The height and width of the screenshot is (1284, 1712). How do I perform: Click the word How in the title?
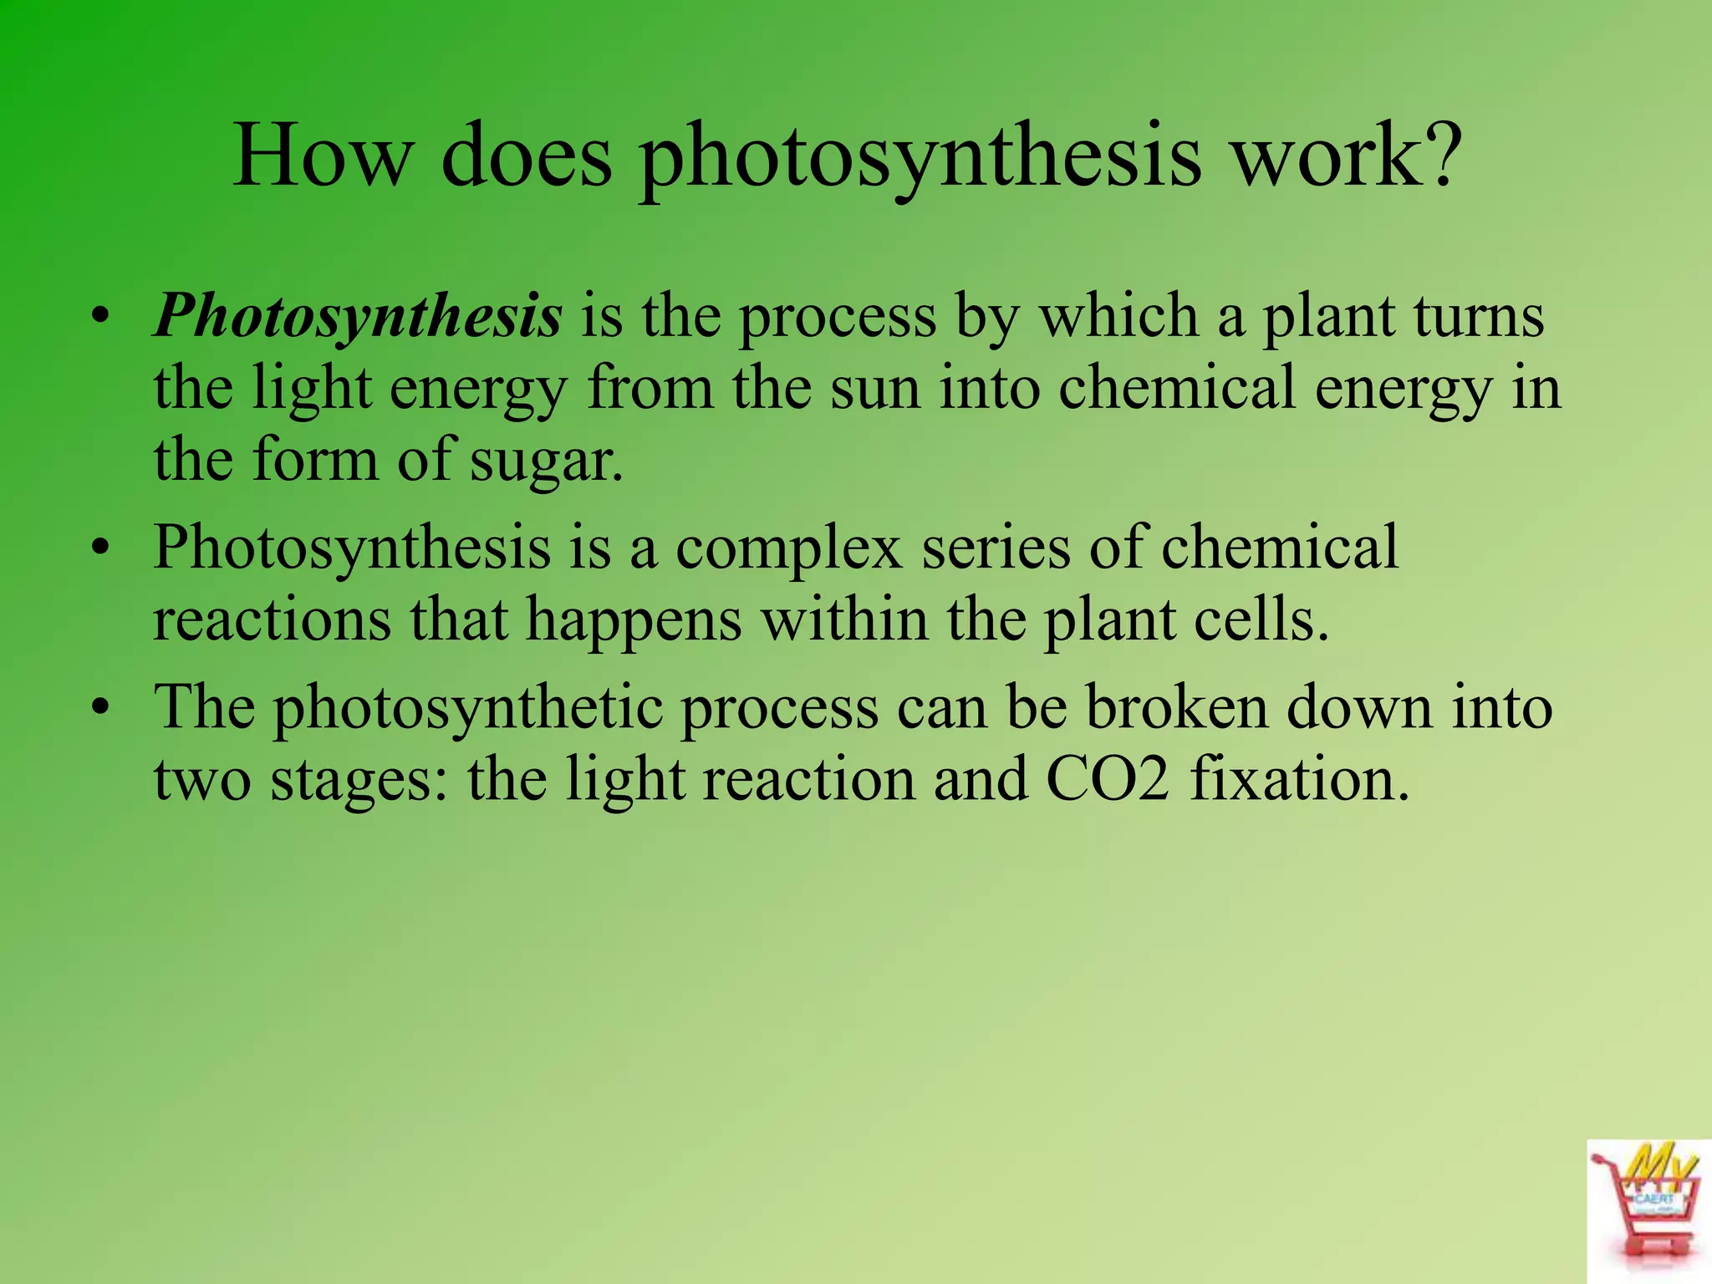click(x=322, y=156)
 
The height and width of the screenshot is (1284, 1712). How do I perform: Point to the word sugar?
click(x=546, y=461)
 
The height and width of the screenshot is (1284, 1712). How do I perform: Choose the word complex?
click(x=789, y=549)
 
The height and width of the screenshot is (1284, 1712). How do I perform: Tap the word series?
click(x=996, y=549)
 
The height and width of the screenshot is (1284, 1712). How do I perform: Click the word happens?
click(x=634, y=621)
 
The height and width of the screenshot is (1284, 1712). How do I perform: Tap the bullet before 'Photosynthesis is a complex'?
click(x=101, y=549)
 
